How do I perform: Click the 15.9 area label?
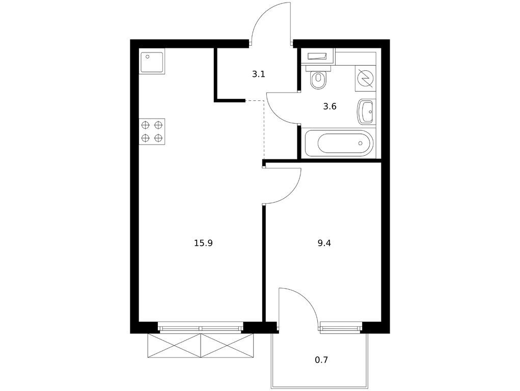click(203, 243)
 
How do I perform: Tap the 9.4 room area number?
click(324, 243)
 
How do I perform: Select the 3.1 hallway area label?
click(259, 74)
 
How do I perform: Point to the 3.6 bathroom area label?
click(330, 106)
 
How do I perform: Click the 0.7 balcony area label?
click(321, 360)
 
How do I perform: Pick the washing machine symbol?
click(366, 78)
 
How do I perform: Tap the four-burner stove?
click(152, 131)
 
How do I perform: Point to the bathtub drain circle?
click(361, 143)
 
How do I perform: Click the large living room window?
click(201, 328)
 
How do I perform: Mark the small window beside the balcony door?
click(341, 328)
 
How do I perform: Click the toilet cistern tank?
click(319, 69)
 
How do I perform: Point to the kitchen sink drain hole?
click(148, 57)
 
